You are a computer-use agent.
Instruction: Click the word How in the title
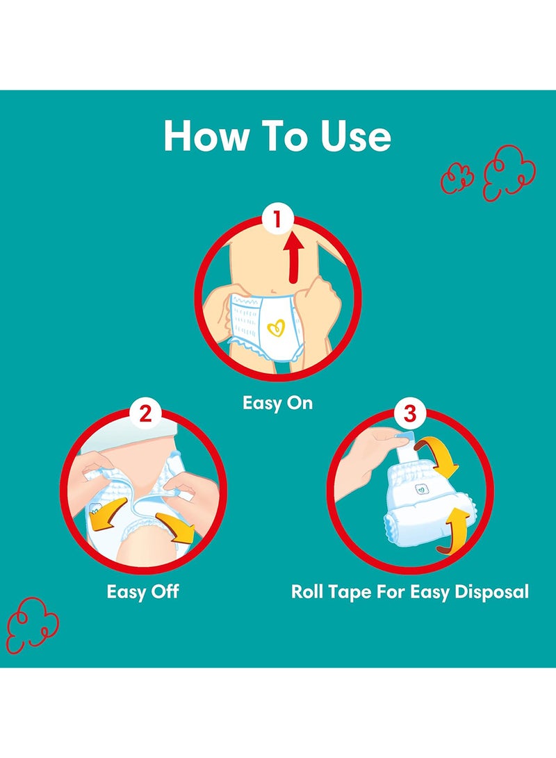(202, 137)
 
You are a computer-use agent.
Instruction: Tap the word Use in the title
(356, 137)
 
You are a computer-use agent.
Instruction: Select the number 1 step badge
(278, 220)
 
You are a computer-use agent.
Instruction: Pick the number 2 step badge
(145, 414)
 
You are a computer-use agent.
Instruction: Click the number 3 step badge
(409, 414)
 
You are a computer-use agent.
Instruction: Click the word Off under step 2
(163, 592)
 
